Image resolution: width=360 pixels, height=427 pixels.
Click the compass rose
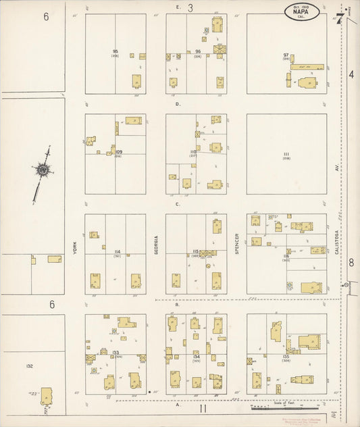coord(43,171)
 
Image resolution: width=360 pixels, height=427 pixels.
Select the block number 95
coord(115,51)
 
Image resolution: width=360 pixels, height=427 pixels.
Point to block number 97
coord(286,55)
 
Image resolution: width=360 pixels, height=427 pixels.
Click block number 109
coord(119,153)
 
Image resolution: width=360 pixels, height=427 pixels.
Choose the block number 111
coord(286,155)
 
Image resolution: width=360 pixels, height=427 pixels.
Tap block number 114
coord(117,252)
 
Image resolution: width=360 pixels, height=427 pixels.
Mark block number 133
coord(116,353)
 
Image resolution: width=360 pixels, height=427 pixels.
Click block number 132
coord(29,366)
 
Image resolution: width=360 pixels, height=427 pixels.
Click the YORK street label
coord(76,249)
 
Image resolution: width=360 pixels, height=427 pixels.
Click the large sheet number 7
coord(338,18)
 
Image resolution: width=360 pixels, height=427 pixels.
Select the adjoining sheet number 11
coord(201,409)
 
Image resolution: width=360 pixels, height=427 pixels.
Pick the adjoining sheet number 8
coord(351,262)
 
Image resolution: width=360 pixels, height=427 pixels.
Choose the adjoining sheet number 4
coord(351,74)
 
